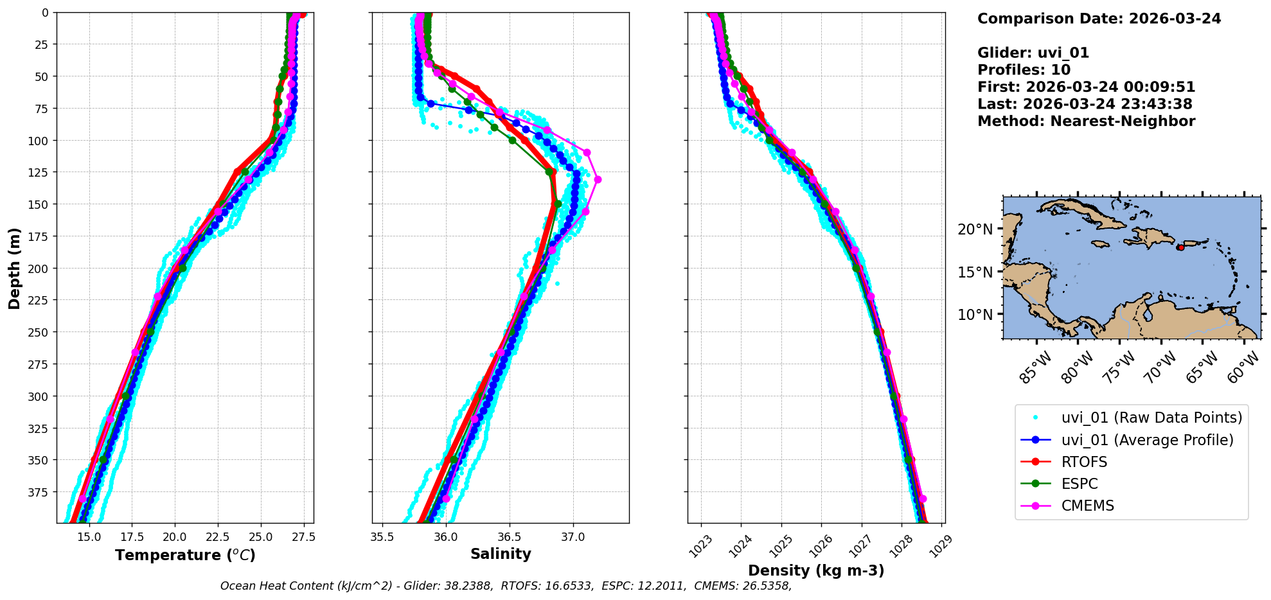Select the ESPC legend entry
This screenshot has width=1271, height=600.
1080,484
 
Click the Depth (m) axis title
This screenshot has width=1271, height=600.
14,268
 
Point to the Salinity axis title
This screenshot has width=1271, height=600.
501,554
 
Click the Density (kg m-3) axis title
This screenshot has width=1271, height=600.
816,570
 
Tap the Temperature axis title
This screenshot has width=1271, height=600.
185,555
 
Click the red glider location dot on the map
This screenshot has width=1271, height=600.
1180,247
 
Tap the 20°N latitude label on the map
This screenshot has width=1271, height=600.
975,229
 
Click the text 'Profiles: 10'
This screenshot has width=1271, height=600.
1024,70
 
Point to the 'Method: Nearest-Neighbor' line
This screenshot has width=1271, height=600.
1086,121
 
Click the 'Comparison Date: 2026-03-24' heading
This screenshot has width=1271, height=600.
1099,19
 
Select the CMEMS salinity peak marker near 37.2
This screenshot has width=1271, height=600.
598,179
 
